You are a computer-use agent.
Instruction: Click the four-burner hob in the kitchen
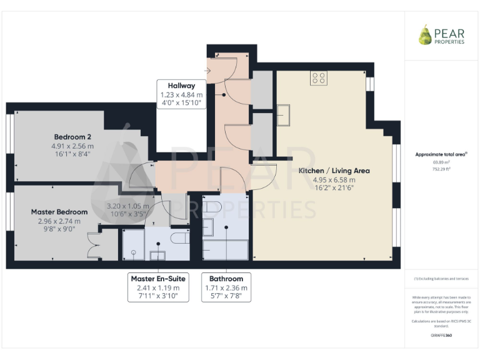point(319,78)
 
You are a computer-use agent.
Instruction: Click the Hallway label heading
point(181,86)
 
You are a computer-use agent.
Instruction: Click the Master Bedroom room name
point(59,212)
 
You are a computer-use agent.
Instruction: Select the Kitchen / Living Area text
point(334,171)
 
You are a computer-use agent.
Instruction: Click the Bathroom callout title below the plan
point(226,278)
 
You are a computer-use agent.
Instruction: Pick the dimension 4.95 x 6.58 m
point(334,179)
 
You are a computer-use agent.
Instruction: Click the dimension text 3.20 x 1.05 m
point(128,206)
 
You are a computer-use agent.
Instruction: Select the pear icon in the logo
point(425,35)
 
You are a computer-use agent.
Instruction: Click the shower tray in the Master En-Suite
point(133,244)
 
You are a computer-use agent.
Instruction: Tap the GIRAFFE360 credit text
point(441,336)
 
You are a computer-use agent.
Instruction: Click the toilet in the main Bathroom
point(211,207)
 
